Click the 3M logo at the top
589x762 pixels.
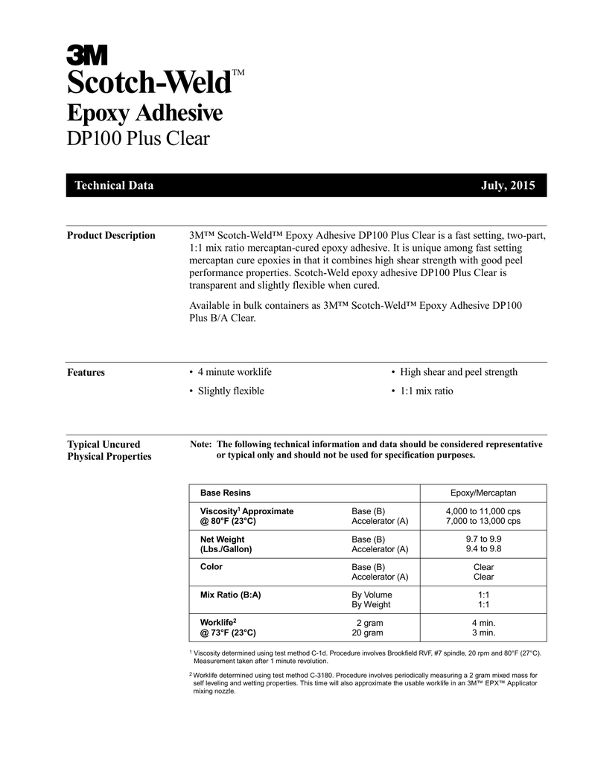pyautogui.click(x=87, y=54)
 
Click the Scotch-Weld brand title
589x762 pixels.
pyautogui.click(x=147, y=83)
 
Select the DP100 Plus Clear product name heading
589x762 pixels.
pyautogui.click(x=138, y=138)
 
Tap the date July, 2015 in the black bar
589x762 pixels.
pyautogui.click(x=509, y=185)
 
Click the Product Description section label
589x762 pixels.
pyautogui.click(x=111, y=236)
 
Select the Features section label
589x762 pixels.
pyautogui.click(x=86, y=373)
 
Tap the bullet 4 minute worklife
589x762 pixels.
pyautogui.click(x=230, y=372)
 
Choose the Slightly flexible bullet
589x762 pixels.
pyautogui.click(x=226, y=391)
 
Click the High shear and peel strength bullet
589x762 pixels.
pyautogui.click(x=454, y=372)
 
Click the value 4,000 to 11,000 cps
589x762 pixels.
pyautogui.click(x=483, y=511)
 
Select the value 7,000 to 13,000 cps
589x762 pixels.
pyautogui.click(x=483, y=521)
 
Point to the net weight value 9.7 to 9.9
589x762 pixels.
pyautogui.click(x=483, y=540)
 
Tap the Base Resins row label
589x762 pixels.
pyautogui.click(x=226, y=493)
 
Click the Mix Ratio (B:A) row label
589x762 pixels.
pyautogui.click(x=231, y=595)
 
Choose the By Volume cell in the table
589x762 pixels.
pyautogui.click(x=372, y=595)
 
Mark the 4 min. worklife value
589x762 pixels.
pyautogui.click(x=483, y=623)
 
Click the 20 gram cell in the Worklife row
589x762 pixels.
pyautogui.click(x=368, y=633)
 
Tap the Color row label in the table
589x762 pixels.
pyautogui.click(x=212, y=567)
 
